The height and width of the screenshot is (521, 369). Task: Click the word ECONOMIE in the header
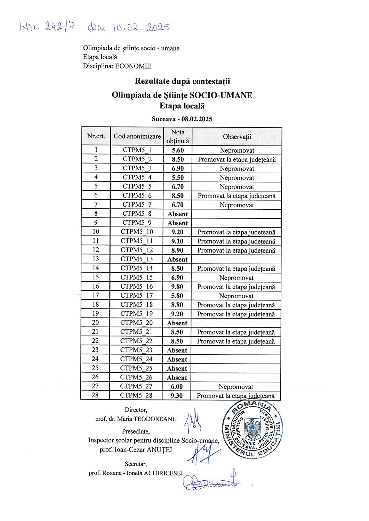click(133, 66)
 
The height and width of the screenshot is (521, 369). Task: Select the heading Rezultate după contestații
click(182, 81)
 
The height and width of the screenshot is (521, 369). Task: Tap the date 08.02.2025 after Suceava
click(197, 119)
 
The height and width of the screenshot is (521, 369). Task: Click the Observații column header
click(237, 137)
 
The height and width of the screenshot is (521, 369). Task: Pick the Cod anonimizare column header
click(137, 137)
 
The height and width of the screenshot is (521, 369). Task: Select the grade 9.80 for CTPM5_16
click(177, 287)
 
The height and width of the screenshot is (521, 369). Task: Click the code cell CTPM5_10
click(137, 232)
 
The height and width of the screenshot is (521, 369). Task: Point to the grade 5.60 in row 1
click(178, 150)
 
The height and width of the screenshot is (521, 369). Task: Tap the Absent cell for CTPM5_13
click(177, 259)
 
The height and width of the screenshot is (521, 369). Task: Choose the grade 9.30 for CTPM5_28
click(177, 396)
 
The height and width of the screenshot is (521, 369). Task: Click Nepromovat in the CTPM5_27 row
click(236, 387)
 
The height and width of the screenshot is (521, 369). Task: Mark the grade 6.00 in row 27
click(177, 387)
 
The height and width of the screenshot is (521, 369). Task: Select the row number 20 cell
click(95, 323)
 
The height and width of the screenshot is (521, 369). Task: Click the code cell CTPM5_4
click(137, 177)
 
